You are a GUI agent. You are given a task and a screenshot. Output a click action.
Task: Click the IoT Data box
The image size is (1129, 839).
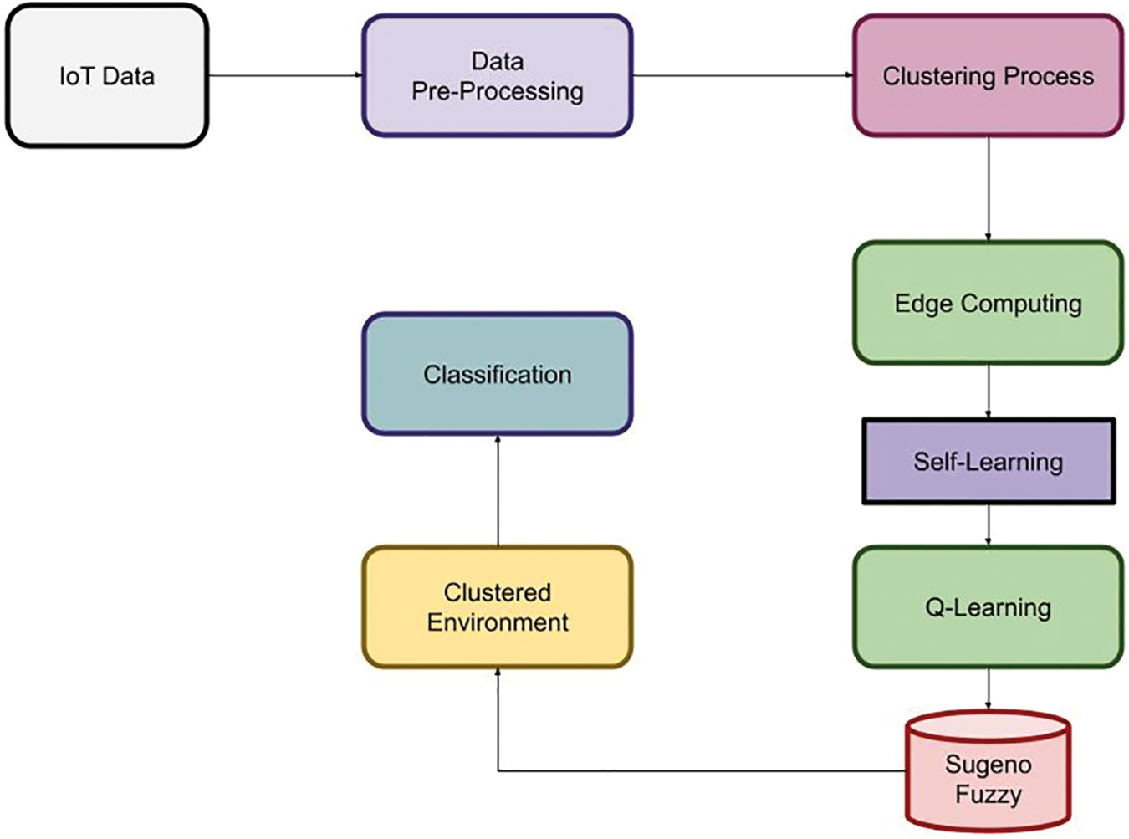(106, 76)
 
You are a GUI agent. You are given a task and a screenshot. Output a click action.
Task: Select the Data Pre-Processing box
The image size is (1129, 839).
(497, 76)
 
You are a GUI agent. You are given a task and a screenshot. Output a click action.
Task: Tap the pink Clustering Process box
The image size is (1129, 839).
(988, 76)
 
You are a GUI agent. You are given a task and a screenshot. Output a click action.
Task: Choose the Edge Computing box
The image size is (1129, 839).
(988, 303)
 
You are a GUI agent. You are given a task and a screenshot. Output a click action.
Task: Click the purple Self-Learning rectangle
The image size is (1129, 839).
(988, 462)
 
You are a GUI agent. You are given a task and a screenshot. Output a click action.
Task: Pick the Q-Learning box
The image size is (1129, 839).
(988, 607)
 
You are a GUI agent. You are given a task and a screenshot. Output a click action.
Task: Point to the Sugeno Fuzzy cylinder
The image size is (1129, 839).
(988, 774)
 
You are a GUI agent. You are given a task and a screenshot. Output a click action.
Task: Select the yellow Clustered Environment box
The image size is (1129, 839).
(497, 607)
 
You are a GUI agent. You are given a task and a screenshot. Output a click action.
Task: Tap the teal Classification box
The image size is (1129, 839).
(497, 374)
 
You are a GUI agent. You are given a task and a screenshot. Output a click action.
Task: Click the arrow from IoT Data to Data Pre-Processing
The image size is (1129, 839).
(284, 75)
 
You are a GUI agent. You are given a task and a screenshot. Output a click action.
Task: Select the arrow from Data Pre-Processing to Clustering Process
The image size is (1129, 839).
(742, 75)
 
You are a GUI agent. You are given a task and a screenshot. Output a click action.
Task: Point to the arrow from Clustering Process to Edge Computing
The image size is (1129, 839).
(989, 189)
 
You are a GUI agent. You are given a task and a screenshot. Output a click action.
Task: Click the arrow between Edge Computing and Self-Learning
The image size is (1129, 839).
(989, 391)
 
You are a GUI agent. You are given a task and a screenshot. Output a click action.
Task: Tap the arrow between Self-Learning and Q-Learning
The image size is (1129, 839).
(989, 525)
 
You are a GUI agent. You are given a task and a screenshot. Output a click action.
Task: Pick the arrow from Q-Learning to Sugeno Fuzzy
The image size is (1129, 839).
(989, 688)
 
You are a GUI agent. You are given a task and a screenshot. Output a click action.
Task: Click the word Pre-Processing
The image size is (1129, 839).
(497, 91)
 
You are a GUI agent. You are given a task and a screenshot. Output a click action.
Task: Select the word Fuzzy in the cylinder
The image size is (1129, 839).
(988, 794)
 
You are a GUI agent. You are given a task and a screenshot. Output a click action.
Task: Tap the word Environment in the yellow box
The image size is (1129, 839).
(497, 622)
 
